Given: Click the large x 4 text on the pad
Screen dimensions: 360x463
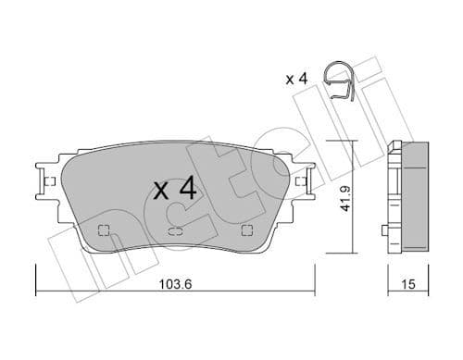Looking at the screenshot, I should click(175, 190).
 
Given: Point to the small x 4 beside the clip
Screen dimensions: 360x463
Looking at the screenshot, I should click(296, 79).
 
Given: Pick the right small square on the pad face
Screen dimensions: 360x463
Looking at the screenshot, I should click(245, 230).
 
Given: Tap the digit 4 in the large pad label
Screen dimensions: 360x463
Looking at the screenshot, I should click(187, 190).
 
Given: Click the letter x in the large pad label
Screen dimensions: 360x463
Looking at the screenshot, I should click(161, 192).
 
